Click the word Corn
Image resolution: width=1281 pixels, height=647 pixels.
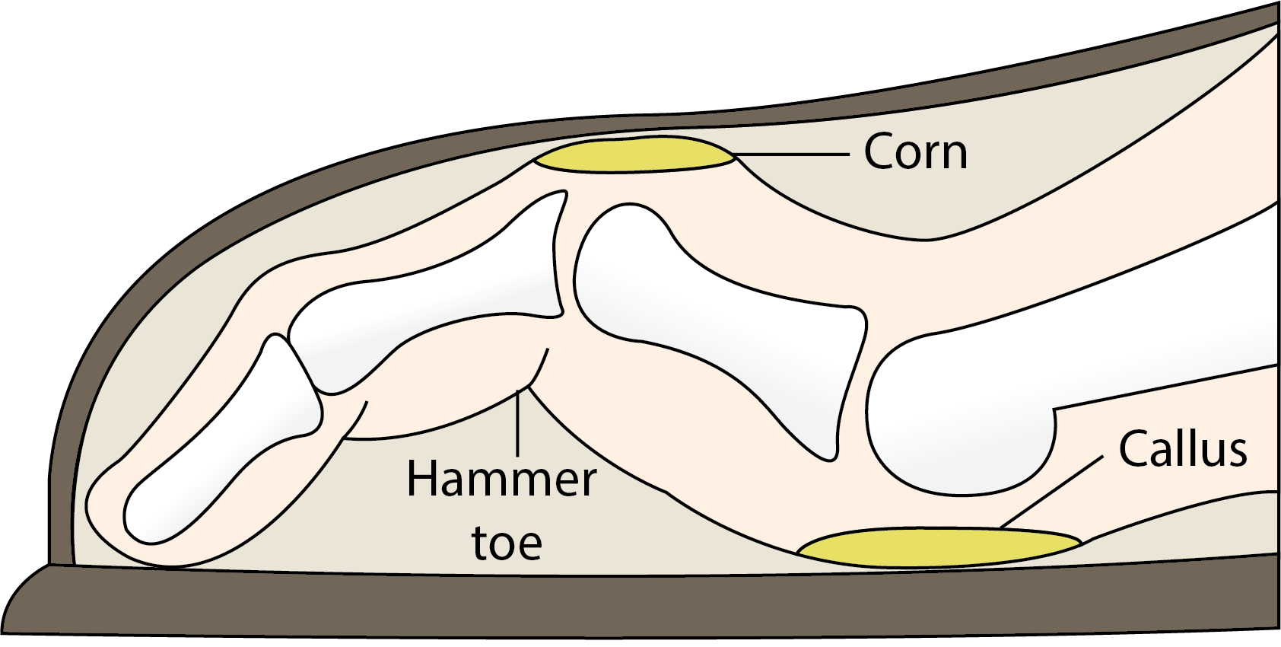click(915, 152)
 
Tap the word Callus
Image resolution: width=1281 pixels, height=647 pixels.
click(1182, 449)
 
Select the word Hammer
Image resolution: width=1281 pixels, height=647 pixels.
click(501, 480)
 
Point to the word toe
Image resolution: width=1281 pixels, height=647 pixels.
click(507, 542)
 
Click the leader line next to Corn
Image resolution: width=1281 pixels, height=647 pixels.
click(791, 154)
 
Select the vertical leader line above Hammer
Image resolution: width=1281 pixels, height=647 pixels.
click(518, 422)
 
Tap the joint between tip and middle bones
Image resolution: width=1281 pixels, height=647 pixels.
click(304, 365)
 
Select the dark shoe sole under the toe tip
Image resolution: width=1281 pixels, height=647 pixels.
click(228, 601)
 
